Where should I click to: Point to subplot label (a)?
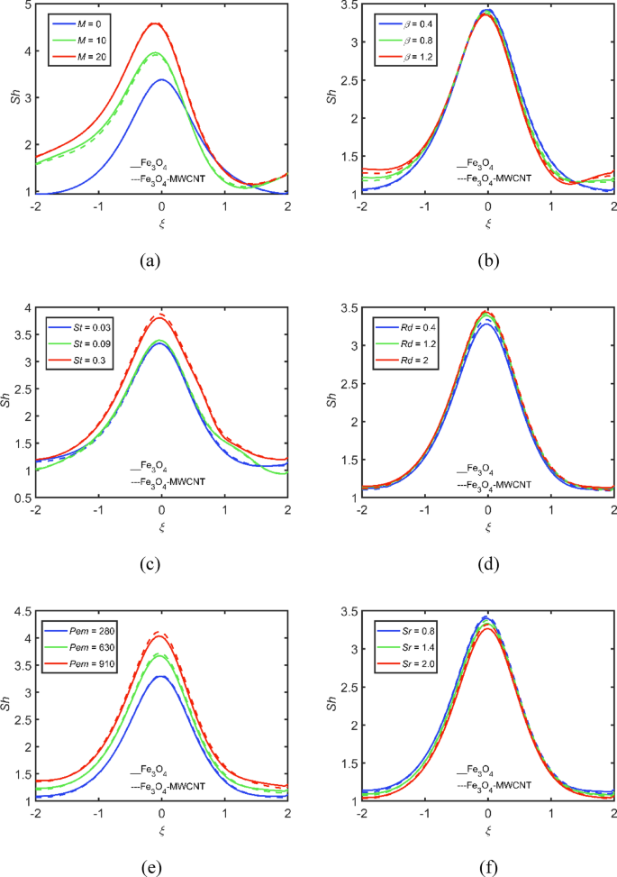[150, 261]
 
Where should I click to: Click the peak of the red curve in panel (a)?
[155, 23]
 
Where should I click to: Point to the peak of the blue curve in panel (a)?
[161, 80]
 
